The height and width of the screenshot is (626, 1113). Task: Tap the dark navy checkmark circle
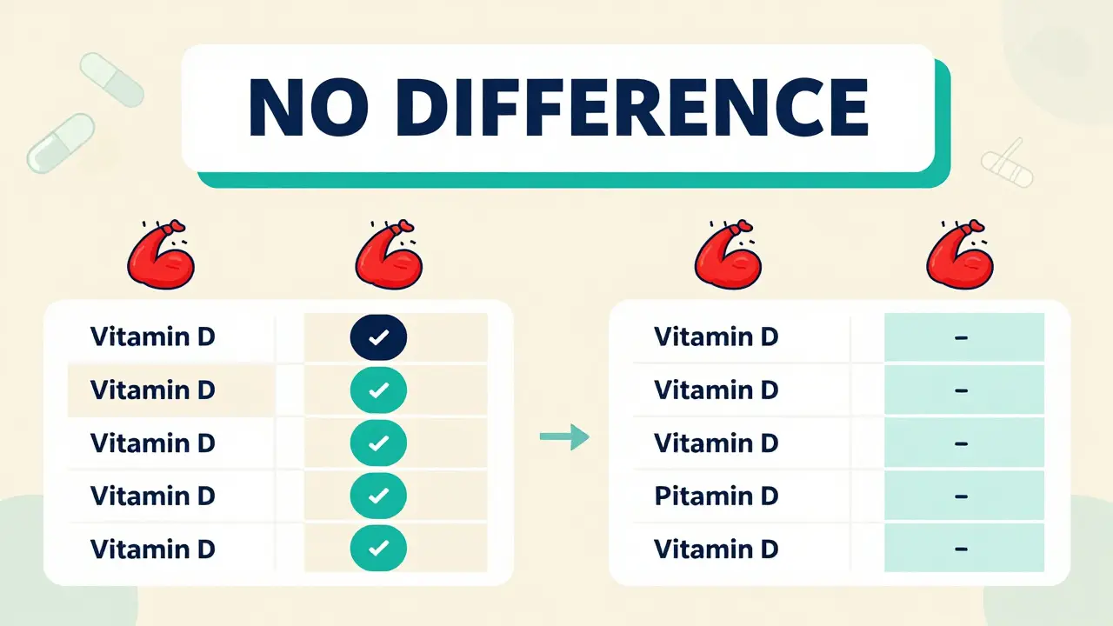(378, 337)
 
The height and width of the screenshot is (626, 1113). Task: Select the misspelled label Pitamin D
(716, 496)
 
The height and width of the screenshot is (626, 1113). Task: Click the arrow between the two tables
(564, 437)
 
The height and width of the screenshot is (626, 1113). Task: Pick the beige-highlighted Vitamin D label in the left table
(152, 390)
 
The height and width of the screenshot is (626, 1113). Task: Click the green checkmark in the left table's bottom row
(378, 549)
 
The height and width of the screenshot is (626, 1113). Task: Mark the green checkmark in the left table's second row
(378, 390)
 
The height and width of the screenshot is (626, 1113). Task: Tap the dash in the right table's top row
(961, 337)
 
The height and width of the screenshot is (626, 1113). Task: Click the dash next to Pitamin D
(961, 496)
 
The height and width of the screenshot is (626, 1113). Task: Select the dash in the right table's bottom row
(961, 549)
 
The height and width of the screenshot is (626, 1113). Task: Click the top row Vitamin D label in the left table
(152, 336)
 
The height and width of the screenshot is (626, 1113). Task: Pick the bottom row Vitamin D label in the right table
(716, 549)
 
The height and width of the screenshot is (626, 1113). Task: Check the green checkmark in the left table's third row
(378, 443)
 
